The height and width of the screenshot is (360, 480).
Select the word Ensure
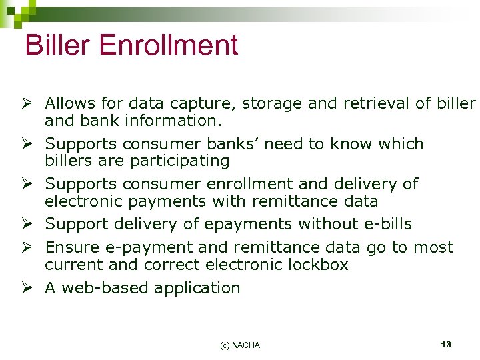71,248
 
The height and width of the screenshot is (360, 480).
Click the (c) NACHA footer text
240,345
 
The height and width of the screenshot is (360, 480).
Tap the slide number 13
446,345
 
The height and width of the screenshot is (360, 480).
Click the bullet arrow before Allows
29,104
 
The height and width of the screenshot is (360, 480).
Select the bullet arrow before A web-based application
29,288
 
